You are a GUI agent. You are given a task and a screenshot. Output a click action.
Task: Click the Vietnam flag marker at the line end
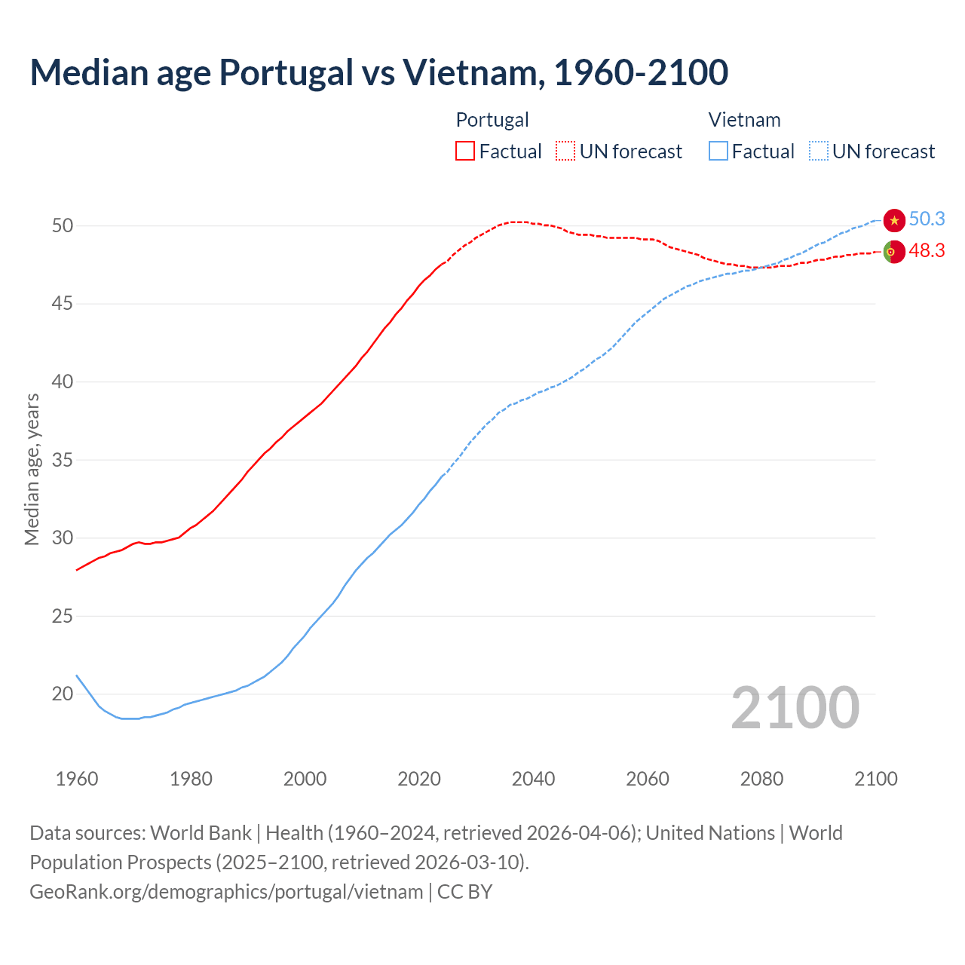click(x=894, y=220)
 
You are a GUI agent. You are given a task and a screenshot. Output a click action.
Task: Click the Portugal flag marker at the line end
click(x=893, y=252)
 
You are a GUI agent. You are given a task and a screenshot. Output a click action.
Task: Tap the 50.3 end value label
click(x=927, y=219)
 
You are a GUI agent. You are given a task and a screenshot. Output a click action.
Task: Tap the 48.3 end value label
click(x=927, y=251)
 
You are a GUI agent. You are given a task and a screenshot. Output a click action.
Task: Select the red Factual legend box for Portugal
click(x=465, y=152)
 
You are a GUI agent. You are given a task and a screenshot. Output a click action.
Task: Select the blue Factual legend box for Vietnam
click(x=718, y=152)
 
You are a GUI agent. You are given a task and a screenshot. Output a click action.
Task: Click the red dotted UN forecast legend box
click(x=565, y=152)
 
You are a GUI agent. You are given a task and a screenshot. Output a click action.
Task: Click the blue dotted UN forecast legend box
click(x=818, y=152)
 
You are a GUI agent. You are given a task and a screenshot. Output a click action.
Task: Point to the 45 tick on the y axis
click(x=63, y=304)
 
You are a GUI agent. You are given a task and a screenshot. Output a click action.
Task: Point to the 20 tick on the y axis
click(x=63, y=694)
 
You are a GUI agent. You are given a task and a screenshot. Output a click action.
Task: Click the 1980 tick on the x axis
click(x=191, y=779)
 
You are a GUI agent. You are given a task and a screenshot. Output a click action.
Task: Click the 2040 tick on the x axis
click(x=533, y=779)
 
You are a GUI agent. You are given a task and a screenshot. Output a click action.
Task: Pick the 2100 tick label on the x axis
click(x=875, y=779)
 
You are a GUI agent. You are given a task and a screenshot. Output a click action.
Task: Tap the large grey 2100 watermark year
click(x=795, y=708)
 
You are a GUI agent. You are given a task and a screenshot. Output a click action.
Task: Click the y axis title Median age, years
click(x=32, y=469)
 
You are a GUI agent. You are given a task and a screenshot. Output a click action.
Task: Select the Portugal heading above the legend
click(x=492, y=120)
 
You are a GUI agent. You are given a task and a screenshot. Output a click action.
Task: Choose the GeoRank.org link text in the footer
click(x=226, y=892)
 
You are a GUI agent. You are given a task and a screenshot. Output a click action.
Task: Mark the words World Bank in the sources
click(x=201, y=833)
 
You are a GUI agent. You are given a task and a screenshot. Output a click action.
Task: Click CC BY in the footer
click(x=464, y=892)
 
